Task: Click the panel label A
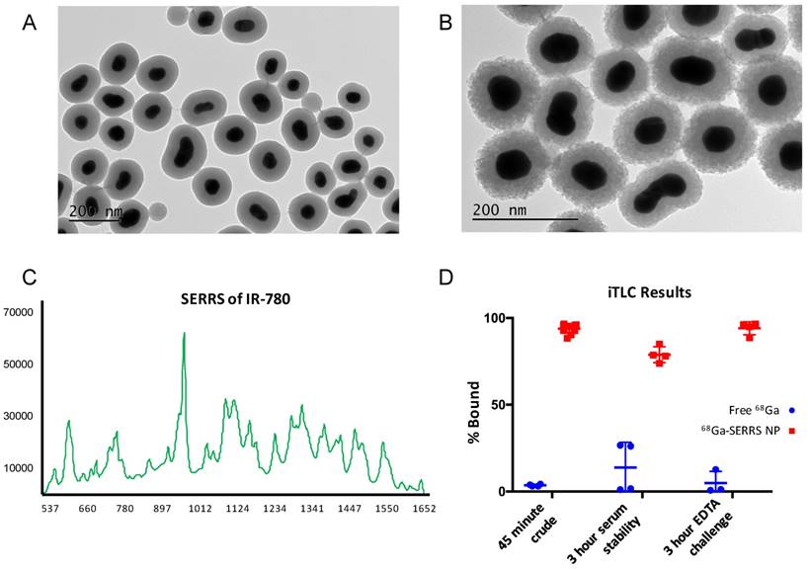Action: point(31,22)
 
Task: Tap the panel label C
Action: point(31,277)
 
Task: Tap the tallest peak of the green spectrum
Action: point(184,334)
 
